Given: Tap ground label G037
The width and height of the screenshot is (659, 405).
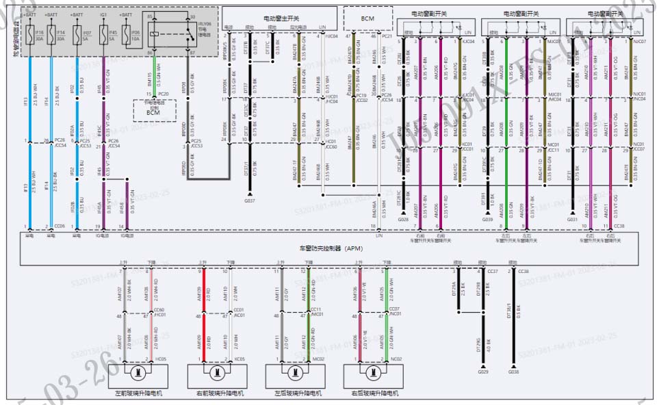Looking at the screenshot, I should (x=250, y=201).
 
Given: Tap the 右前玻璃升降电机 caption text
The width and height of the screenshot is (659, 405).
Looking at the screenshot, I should (x=218, y=393).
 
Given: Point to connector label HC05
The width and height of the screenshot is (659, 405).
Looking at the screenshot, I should (x=161, y=358).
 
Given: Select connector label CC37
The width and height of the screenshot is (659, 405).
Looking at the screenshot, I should (x=492, y=272).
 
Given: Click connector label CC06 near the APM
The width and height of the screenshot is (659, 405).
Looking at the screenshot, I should (x=60, y=226).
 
